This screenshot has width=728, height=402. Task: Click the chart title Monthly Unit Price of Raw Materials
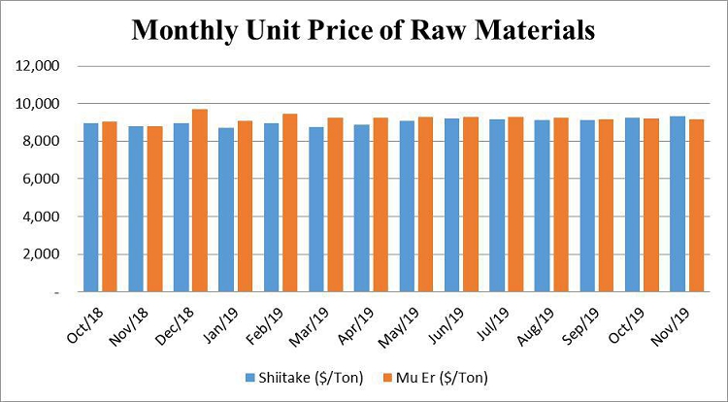click(x=363, y=30)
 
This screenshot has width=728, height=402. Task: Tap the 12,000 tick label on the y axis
click(x=38, y=66)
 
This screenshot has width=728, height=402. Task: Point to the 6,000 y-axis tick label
click(x=42, y=179)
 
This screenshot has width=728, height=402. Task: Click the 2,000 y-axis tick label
click(x=42, y=254)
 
